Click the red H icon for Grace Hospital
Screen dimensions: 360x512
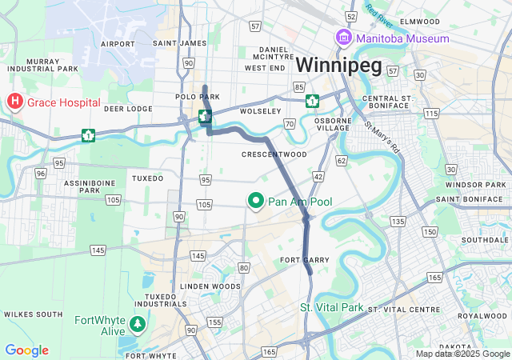[x=14, y=102]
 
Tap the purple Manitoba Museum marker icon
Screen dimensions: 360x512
[x=343, y=38]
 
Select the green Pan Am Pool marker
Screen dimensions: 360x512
[x=256, y=202]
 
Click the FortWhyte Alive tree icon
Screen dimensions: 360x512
[x=138, y=324]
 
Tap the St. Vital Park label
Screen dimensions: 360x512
[x=331, y=308]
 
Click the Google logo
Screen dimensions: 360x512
[x=26, y=350]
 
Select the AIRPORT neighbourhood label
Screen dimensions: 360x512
[x=118, y=43]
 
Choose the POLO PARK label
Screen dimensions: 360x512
[x=197, y=97]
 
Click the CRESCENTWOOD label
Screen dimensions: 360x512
[x=274, y=154]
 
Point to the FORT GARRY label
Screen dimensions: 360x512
[x=305, y=261]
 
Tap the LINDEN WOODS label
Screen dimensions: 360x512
[x=210, y=286]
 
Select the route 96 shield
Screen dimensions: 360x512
[x=39, y=173]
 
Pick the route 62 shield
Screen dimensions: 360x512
[x=341, y=161]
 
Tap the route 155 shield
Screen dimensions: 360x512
[x=214, y=322]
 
